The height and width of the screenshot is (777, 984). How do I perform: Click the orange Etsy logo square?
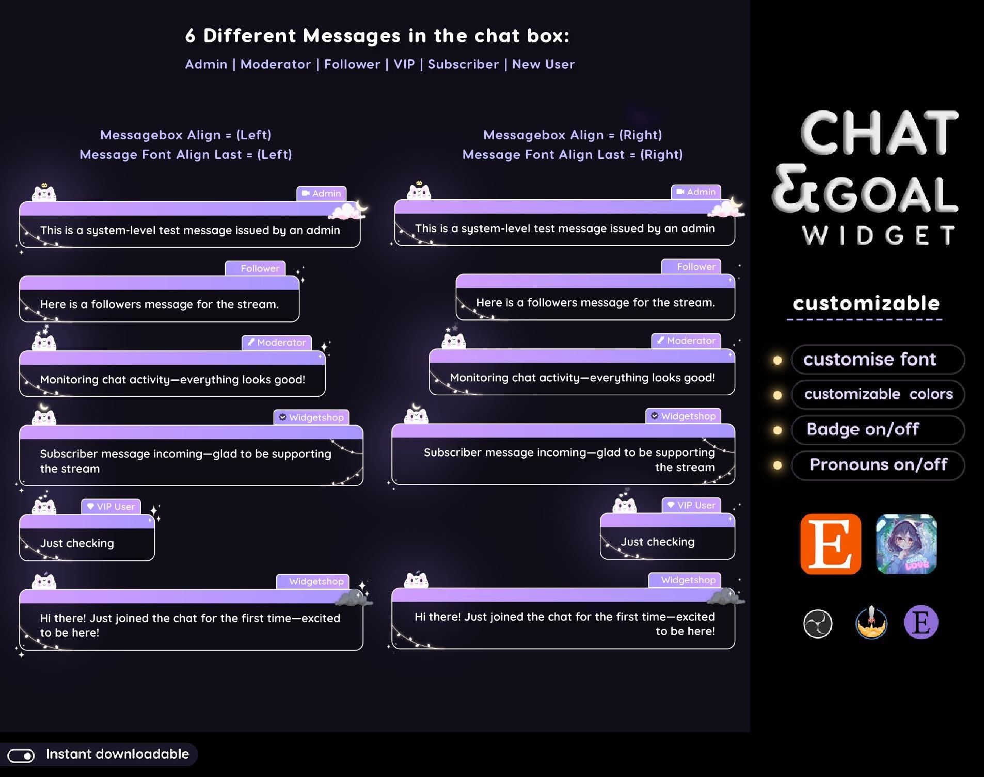[830, 544]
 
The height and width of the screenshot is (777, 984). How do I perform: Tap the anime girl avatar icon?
[906, 544]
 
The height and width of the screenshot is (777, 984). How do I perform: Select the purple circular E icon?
[920, 622]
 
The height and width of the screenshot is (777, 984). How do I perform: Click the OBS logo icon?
[818, 623]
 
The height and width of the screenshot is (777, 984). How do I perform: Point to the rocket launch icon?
[871, 622]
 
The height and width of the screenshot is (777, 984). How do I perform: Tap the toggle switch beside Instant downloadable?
[21, 755]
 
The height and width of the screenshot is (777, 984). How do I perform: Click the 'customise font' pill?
[877, 360]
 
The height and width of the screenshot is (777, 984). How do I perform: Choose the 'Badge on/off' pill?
[877, 430]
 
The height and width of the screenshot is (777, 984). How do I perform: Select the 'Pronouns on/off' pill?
[877, 465]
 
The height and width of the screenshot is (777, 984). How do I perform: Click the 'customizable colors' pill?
[877, 395]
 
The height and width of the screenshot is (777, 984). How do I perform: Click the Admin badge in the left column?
[321, 193]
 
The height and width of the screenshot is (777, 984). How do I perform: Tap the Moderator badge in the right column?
[686, 341]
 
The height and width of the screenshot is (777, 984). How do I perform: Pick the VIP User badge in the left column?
[110, 507]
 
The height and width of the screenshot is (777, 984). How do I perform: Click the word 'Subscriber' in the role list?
[463, 64]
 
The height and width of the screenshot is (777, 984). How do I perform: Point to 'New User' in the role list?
[543, 64]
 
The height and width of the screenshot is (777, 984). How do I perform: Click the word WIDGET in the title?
[878, 236]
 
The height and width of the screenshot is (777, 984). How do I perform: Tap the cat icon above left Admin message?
[44, 193]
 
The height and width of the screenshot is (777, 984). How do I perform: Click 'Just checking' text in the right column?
[657, 542]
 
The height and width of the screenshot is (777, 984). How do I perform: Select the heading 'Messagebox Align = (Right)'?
[572, 135]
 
